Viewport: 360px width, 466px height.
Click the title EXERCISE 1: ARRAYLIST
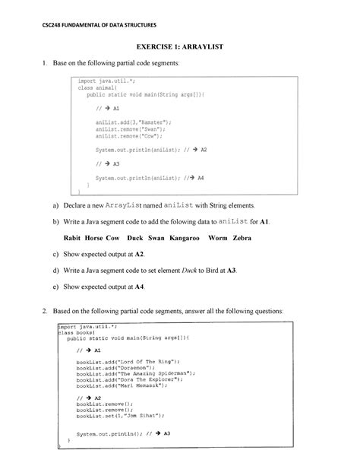pos(179,47)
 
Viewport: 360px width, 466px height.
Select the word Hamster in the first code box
pos(152,122)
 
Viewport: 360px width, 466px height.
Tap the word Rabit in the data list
pos(67,238)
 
